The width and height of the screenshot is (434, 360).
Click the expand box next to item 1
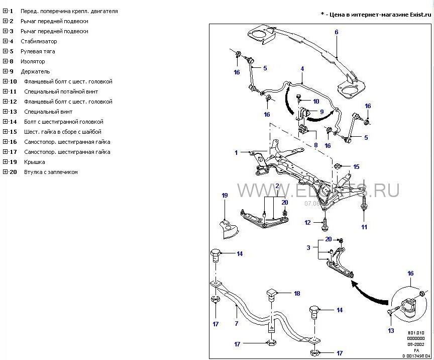5,11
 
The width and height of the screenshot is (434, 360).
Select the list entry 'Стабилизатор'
39,41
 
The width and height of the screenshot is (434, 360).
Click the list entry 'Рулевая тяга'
38,51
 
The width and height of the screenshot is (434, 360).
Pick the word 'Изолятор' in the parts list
33,61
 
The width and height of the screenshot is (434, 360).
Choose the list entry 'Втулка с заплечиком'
51,172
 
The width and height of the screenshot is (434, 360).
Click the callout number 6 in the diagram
337,32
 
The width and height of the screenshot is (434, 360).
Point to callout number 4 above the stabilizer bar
302,68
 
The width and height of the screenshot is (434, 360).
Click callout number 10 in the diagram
315,101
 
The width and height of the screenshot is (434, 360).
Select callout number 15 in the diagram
356,166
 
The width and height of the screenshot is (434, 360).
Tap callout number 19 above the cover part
225,195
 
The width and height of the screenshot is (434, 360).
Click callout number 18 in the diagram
297,293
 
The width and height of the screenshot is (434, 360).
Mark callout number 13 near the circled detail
391,330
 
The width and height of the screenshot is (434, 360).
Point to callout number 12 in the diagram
307,222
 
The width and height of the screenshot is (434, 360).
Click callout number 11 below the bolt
364,227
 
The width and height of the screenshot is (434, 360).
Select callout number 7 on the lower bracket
236,324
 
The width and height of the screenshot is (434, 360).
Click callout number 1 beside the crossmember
236,152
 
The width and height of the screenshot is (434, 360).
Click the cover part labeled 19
229,229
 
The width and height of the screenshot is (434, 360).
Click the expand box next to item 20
5,172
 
